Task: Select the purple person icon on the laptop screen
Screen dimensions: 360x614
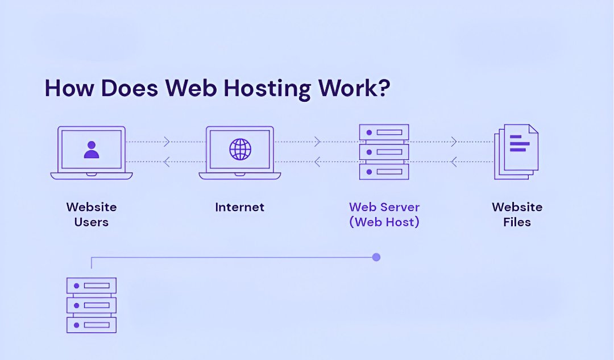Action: pos(91,149)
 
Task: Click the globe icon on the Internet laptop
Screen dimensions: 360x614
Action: pos(240,149)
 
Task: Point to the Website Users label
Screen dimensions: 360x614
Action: pos(91,214)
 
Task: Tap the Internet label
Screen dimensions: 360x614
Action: pos(239,207)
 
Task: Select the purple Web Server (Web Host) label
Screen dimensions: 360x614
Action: pos(384,214)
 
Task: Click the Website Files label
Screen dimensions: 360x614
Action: pos(517,214)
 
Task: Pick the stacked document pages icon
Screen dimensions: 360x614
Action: pos(517,151)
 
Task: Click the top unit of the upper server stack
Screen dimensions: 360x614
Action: pos(384,132)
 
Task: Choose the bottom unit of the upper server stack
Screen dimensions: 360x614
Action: pos(384,171)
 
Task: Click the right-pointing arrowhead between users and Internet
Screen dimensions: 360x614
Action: pos(167,142)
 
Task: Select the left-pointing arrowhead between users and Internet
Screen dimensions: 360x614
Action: pos(167,162)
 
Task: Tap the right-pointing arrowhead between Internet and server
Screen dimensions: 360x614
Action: pos(317,142)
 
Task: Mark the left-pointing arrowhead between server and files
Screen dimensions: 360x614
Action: pos(454,162)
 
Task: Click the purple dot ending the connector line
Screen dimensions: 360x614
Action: pos(376,257)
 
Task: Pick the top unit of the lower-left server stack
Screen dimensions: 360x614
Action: pos(92,285)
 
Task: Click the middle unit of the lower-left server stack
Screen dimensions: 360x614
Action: pos(92,305)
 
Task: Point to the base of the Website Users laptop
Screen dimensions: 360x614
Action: pos(92,176)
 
